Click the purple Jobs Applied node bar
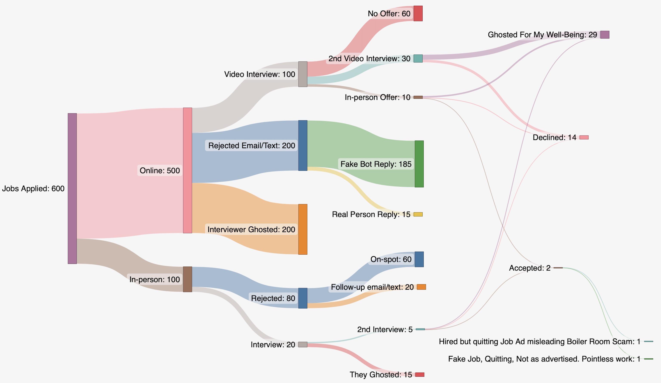(x=72, y=188)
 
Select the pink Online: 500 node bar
(x=187, y=170)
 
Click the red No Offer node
(x=418, y=13)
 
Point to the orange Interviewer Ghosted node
(x=303, y=229)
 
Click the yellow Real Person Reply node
(x=418, y=214)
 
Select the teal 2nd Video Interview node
(x=418, y=59)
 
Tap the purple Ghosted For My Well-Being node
(x=605, y=35)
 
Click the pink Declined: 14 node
(x=584, y=137)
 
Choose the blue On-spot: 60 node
(x=419, y=259)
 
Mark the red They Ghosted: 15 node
(x=420, y=375)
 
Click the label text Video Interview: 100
(x=259, y=74)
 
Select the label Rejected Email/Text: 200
(x=252, y=145)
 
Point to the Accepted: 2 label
(x=530, y=268)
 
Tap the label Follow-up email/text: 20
(x=372, y=287)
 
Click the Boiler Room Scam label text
(x=539, y=341)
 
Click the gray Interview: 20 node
(x=303, y=344)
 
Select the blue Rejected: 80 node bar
(x=303, y=298)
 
